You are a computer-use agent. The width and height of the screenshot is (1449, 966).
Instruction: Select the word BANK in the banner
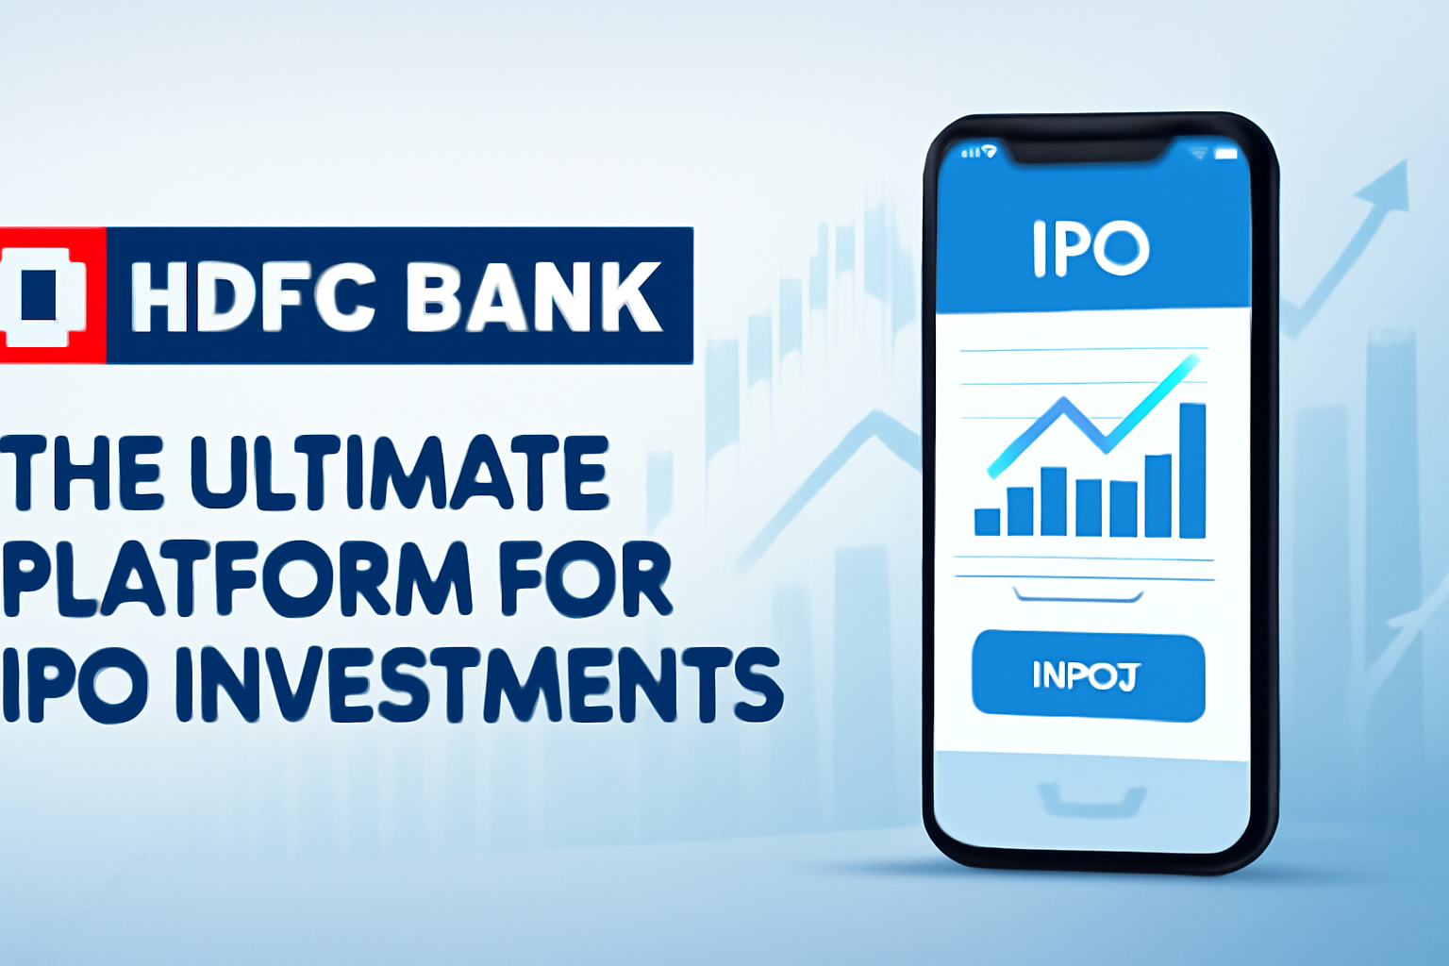click(x=535, y=297)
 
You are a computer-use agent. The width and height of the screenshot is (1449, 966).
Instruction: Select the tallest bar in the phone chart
click(x=1192, y=470)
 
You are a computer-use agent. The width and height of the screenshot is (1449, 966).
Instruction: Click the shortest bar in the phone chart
click(x=987, y=522)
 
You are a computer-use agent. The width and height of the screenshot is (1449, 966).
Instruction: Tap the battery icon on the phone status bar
click(x=1225, y=153)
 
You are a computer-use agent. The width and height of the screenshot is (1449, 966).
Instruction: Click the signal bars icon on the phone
click(x=969, y=153)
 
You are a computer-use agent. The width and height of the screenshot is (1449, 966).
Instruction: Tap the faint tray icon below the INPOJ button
click(x=1091, y=800)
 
